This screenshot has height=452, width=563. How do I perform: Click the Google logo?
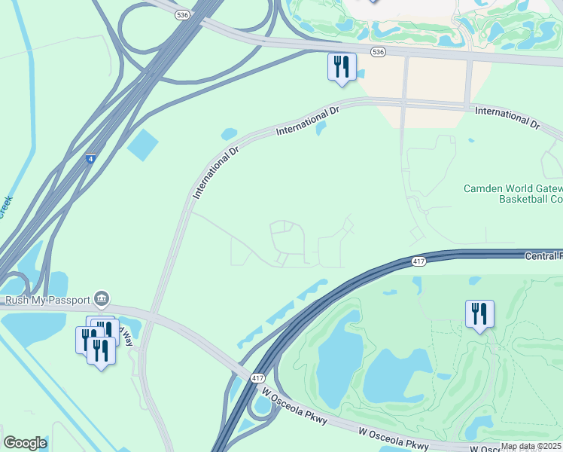pos(25,443)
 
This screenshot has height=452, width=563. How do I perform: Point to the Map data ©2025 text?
pos(531,446)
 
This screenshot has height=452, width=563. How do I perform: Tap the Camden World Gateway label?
pos(513,188)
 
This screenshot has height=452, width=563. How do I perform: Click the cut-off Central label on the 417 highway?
pos(543,256)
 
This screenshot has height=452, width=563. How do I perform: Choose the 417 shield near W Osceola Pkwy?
pos(258,377)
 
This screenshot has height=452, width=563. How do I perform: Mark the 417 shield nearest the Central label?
pos(420,261)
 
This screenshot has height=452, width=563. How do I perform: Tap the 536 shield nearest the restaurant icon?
pos(378,51)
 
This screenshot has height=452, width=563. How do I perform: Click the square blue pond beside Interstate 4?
pos(143,145)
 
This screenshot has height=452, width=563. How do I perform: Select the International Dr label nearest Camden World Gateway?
pos(507,118)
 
